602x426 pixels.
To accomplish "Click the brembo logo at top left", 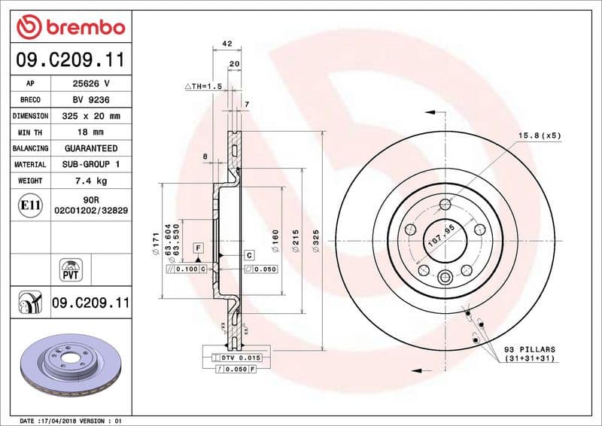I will pos(71,27).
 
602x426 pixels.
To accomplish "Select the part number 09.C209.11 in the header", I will pos(71,60).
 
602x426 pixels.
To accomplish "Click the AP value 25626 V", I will pos(91,84).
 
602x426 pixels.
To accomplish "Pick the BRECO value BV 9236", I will pos(91,99).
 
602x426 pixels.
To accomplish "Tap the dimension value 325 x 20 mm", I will pos(91,116).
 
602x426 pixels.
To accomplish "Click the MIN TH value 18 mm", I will pos(91,132).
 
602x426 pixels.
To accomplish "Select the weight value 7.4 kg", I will pos(91,181).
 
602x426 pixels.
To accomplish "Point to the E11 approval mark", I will pos(31,205).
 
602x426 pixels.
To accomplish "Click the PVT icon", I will pos(71,269).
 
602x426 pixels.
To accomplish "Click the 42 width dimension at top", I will pos(227,44).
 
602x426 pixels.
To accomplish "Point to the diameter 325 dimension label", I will pos(317,242).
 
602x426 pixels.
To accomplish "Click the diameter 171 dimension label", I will pos(154,242).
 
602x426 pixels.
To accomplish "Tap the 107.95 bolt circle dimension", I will pos(442,237).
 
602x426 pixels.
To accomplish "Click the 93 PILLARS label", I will pos(529,349).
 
